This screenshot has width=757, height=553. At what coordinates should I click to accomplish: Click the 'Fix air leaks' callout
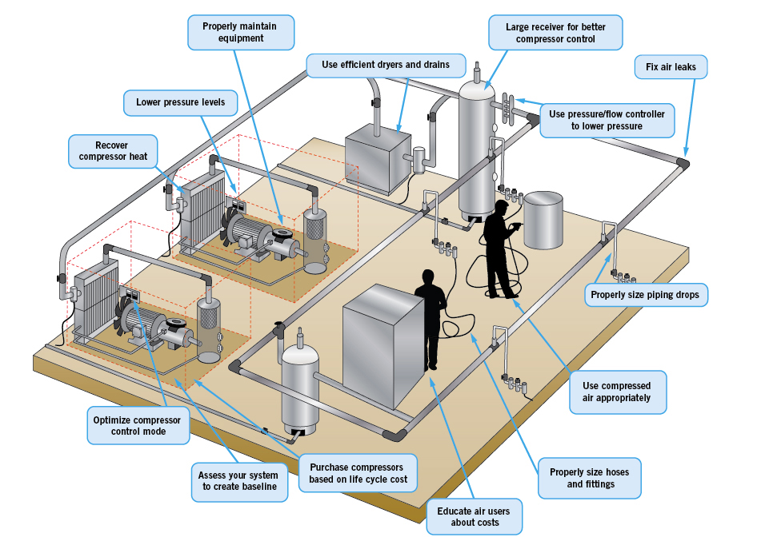[x=671, y=67]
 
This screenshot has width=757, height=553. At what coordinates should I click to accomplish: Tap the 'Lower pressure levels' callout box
[x=174, y=102]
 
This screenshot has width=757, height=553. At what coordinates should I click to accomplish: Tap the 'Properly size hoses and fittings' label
[x=589, y=478]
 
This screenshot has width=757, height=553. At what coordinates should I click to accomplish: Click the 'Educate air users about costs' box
[x=475, y=516]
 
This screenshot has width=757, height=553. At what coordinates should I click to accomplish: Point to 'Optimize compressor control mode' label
[x=137, y=425]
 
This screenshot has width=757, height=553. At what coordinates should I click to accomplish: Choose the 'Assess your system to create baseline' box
[x=238, y=480]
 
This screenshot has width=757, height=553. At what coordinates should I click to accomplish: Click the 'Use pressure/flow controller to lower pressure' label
[x=607, y=120]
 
